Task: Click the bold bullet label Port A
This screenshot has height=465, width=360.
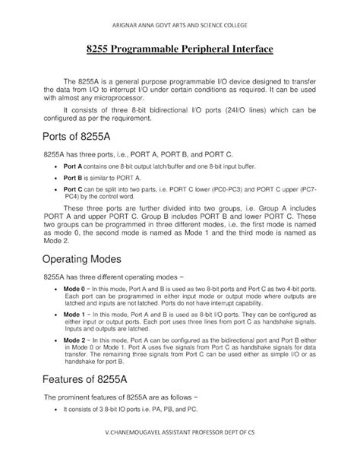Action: pos(73,165)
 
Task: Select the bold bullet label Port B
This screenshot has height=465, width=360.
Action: pos(73,176)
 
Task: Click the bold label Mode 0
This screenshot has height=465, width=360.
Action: pos(74,289)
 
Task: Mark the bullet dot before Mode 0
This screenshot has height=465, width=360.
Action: pos(57,289)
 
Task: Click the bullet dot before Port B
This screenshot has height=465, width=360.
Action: pos(57,177)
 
